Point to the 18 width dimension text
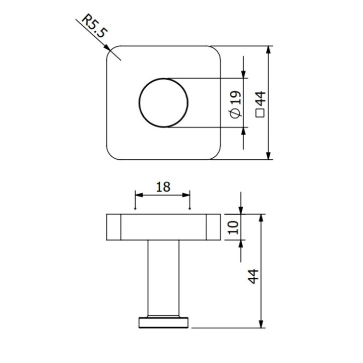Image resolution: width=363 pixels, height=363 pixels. pos(162,187)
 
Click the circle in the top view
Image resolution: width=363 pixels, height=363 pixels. pos(164,103)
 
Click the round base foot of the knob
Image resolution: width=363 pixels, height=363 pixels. pos(163,323)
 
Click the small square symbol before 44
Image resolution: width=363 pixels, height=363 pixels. pos(261,113)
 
